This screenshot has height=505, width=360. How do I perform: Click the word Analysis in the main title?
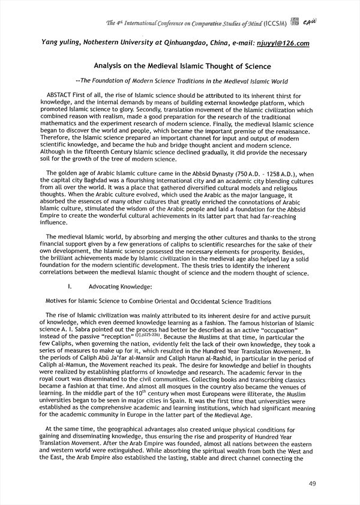pos(111,66)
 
